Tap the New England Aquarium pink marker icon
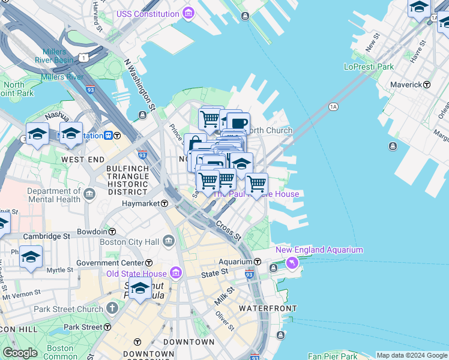(292, 262)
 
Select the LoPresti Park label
(369, 67)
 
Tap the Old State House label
(136, 274)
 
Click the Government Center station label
(110, 263)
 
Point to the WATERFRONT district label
(268, 308)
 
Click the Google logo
(20, 353)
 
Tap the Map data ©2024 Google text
(412, 355)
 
